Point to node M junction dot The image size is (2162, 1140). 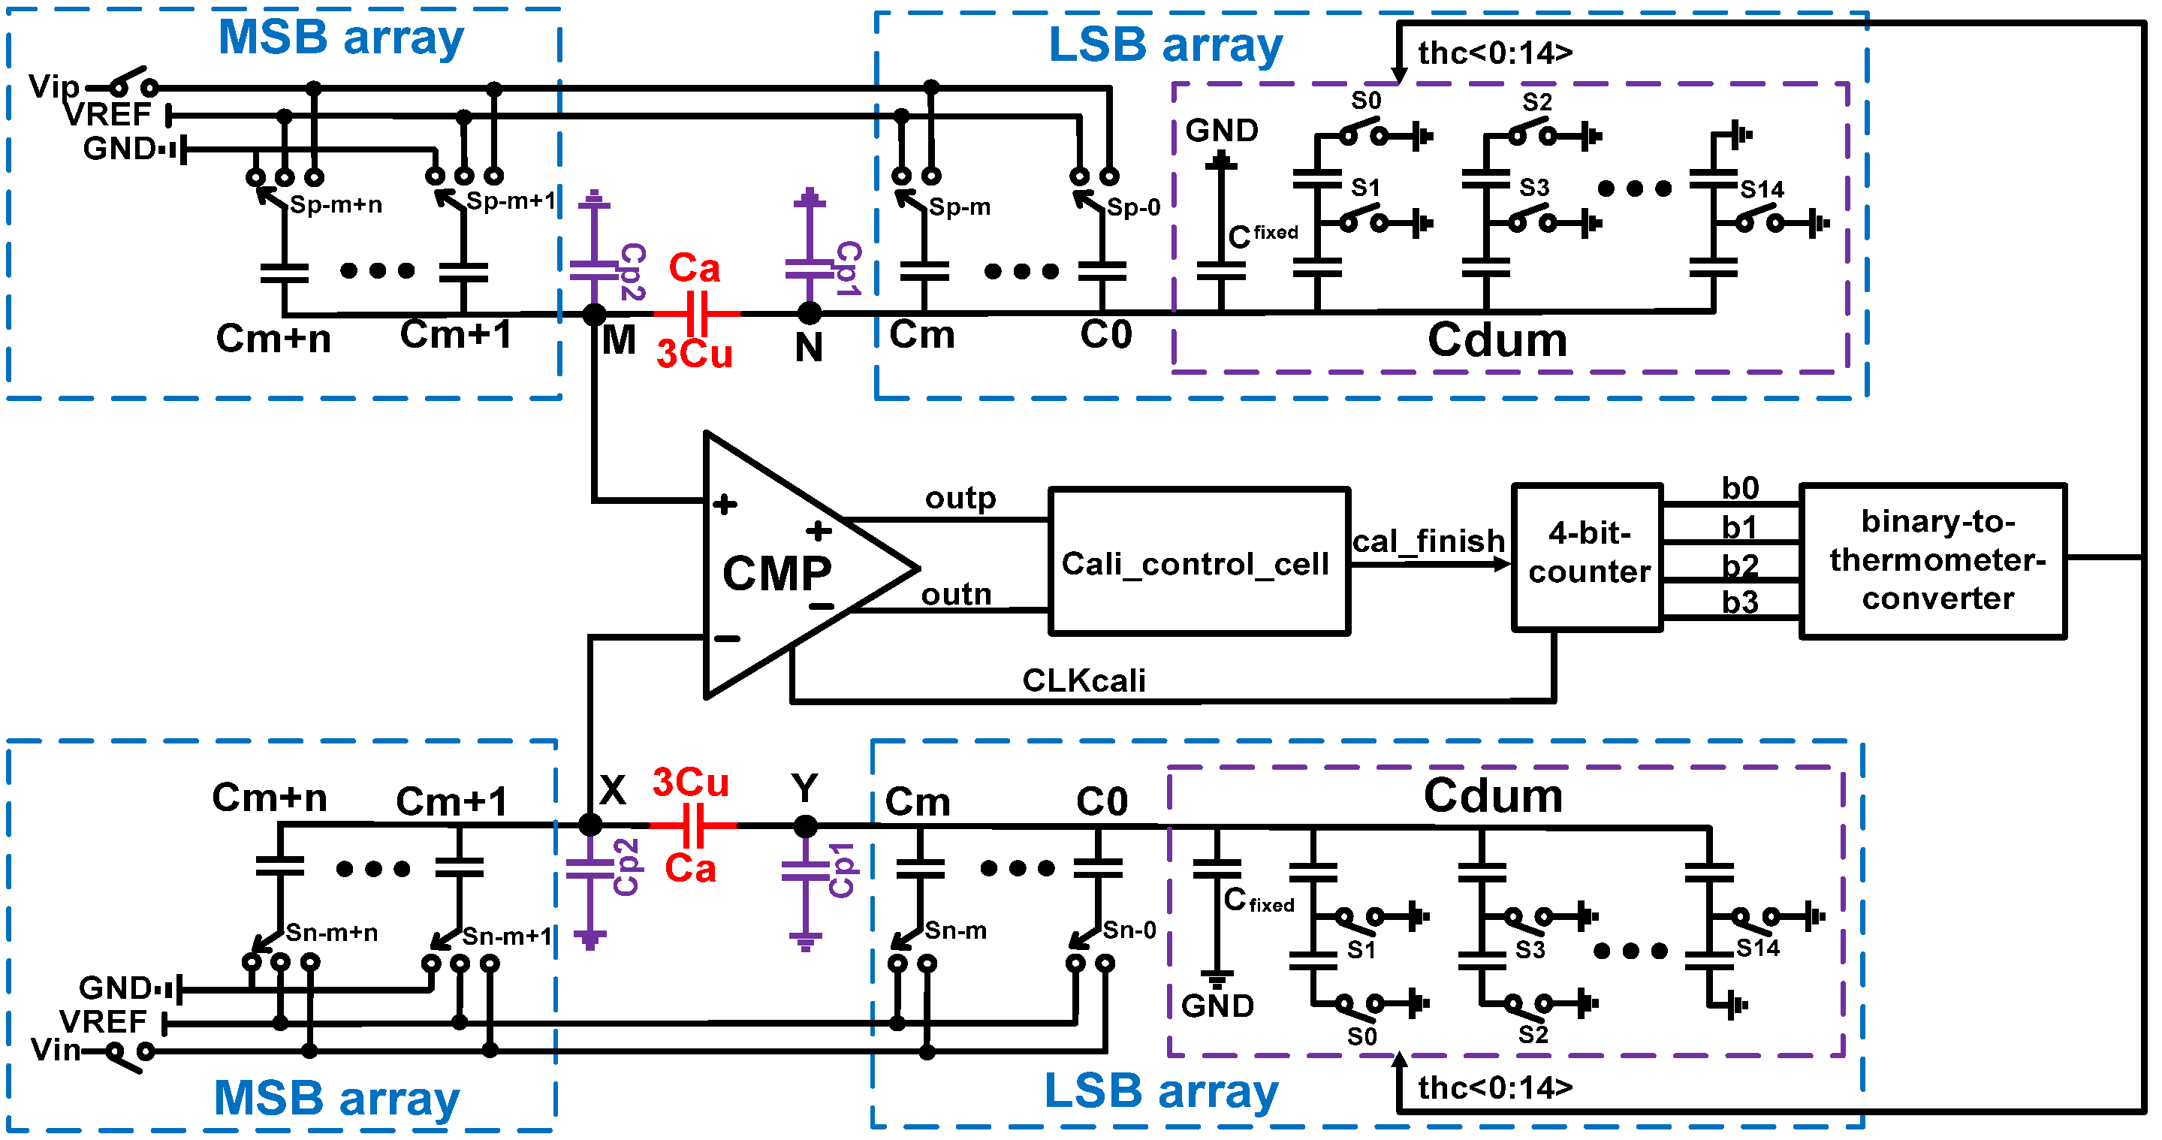click(594, 315)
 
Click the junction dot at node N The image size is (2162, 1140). click(809, 314)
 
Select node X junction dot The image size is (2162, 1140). click(590, 825)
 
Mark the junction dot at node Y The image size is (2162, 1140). click(806, 827)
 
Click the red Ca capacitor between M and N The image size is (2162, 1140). click(698, 314)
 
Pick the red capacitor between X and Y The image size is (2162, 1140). click(693, 826)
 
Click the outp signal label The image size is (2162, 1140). click(960, 498)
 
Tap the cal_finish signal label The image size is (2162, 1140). click(1428, 541)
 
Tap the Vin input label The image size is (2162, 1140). click(56, 1050)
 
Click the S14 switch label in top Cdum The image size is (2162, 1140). click(1761, 190)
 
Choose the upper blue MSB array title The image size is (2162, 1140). click(340, 38)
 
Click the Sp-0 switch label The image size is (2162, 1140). click(1133, 207)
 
